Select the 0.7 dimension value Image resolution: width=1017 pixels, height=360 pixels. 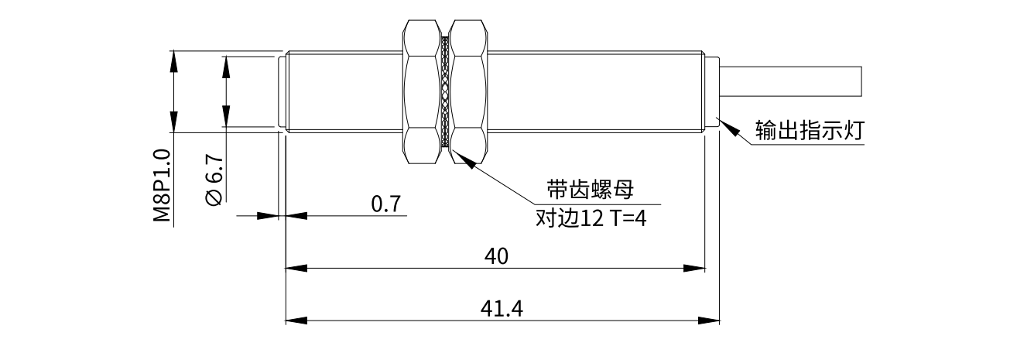coord(386,204)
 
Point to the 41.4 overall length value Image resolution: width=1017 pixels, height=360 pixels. coord(502,309)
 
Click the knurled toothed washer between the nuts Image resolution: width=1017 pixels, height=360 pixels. coord(445,93)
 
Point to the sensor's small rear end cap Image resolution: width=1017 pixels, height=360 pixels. coord(714,93)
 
